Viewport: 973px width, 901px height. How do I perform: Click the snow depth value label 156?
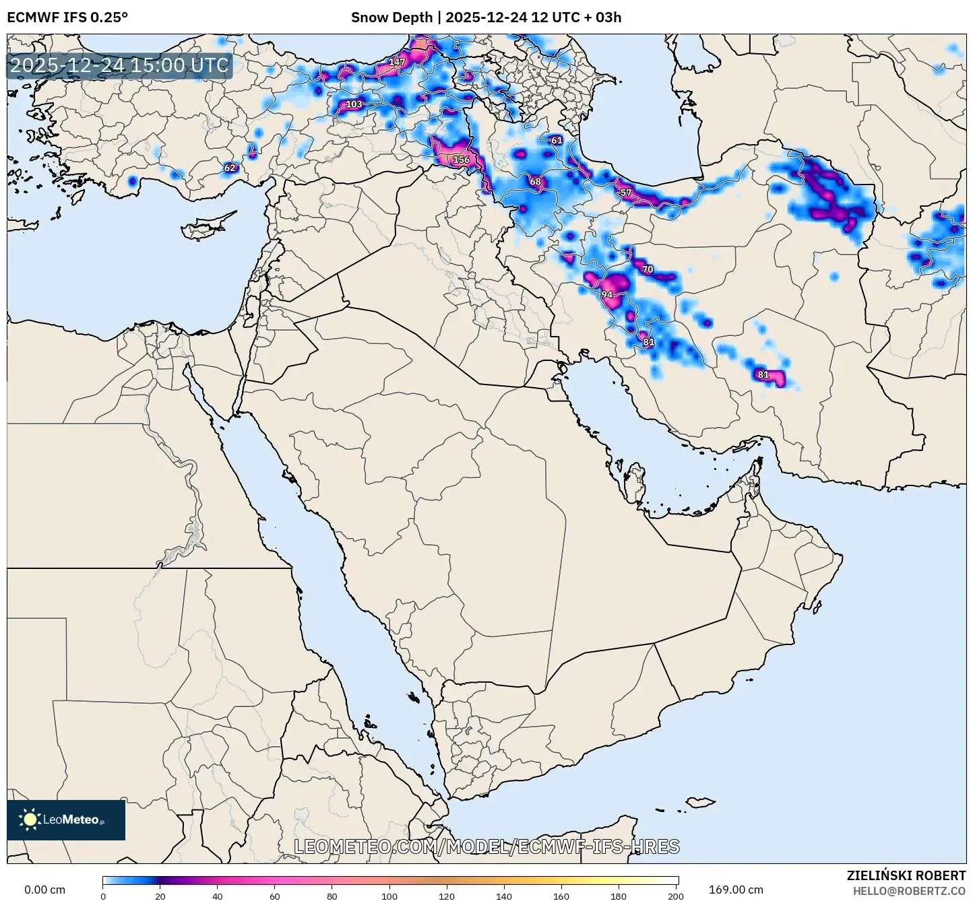(462, 160)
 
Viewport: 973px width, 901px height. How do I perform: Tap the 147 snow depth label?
(398, 62)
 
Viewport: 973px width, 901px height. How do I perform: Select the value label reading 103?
(354, 104)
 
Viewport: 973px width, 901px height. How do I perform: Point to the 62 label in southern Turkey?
(230, 168)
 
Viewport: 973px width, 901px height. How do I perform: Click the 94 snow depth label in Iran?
(607, 295)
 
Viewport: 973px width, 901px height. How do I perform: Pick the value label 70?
(648, 269)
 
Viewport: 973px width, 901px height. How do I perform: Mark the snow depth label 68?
(535, 182)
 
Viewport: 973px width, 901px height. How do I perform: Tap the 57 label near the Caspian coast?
(626, 193)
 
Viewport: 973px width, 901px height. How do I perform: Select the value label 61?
(557, 141)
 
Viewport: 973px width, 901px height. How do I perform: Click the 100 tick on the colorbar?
(389, 896)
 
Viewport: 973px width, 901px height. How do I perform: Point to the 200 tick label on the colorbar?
(676, 896)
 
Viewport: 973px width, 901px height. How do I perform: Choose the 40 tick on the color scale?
(218, 896)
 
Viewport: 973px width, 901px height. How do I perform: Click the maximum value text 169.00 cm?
(736, 890)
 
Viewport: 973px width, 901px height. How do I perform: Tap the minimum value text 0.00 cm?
(45, 890)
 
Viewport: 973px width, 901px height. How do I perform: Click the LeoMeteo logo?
(66, 820)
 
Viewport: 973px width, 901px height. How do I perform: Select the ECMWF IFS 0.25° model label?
(67, 18)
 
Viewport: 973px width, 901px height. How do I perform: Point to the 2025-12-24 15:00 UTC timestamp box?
(120, 66)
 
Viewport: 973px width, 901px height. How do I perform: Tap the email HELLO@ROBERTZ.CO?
(909, 890)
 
